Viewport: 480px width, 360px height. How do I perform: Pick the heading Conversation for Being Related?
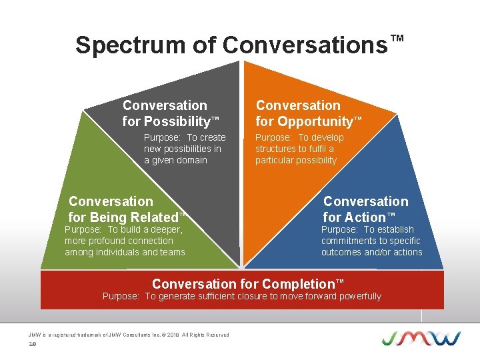(x=126, y=209)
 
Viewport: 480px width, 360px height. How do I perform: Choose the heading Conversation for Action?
(x=365, y=209)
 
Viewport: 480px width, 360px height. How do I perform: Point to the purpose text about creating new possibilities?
(x=185, y=149)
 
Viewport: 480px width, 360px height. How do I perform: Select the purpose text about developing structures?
(x=299, y=149)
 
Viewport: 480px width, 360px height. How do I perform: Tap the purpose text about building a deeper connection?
(x=125, y=241)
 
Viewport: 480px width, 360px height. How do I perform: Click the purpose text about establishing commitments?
(x=371, y=241)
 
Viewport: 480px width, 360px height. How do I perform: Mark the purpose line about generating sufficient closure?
(x=241, y=296)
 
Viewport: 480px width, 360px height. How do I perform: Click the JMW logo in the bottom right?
(x=421, y=337)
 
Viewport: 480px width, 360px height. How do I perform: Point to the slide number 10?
(x=31, y=344)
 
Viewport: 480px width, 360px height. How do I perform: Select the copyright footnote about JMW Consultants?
(x=129, y=335)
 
